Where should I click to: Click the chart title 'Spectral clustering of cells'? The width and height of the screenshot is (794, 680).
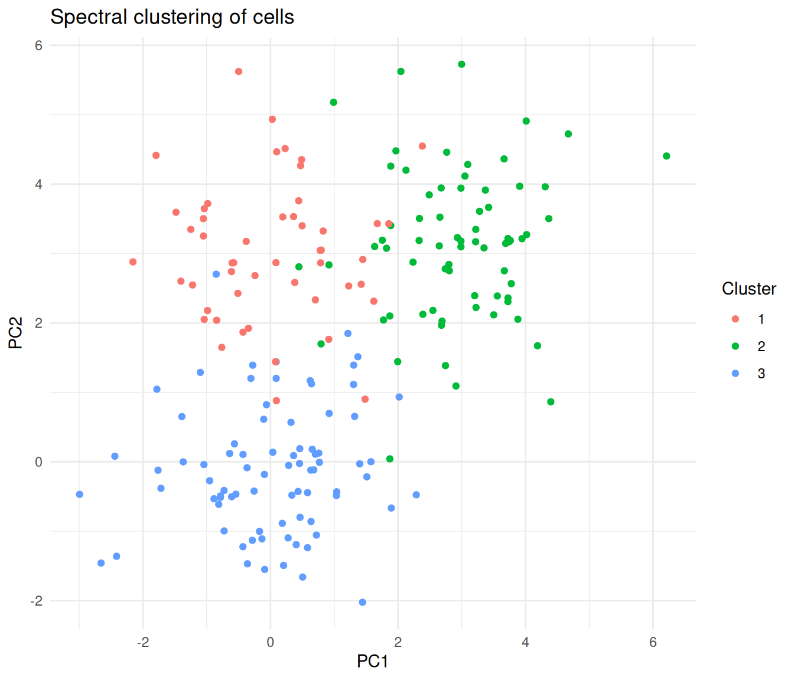172,17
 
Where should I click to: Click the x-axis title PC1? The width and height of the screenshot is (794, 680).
372,662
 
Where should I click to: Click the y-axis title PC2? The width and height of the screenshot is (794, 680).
15,333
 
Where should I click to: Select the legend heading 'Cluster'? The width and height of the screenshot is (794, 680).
749,289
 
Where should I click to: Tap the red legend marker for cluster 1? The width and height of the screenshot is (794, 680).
736,319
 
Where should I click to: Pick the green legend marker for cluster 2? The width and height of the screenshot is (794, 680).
736,346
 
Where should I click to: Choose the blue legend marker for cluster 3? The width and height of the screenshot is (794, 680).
736,374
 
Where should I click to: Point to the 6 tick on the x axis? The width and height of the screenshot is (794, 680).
653,642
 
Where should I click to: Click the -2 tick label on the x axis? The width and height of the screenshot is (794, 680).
142,642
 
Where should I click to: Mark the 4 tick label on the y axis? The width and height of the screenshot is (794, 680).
39,184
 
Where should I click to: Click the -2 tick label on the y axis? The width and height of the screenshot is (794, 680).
37,601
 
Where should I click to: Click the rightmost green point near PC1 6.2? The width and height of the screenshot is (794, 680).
666,156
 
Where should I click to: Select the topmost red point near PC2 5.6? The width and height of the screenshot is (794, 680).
239,71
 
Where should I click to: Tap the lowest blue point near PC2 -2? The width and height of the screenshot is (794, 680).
363,603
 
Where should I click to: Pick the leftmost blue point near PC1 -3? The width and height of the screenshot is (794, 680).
80,495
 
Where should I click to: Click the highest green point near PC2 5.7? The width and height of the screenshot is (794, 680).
462,64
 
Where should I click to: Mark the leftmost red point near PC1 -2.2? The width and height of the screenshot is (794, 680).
133,262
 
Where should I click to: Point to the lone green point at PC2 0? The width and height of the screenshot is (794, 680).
390,459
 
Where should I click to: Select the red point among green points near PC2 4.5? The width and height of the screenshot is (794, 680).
422,146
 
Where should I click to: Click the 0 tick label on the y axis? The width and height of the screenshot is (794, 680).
39,462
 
